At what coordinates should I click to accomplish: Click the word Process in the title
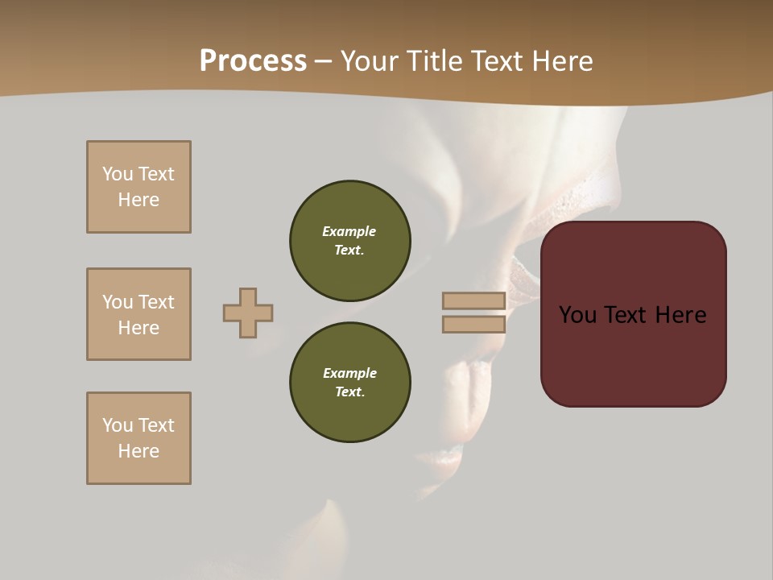point(253,61)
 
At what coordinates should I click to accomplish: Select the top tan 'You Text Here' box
point(138,187)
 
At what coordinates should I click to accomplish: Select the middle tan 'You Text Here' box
point(138,314)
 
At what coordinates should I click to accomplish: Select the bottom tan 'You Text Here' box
point(138,438)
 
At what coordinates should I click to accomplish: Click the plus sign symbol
point(248,313)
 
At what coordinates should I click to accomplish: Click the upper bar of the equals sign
point(474,300)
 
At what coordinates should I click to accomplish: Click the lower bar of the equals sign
point(474,324)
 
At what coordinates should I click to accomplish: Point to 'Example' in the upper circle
point(349,231)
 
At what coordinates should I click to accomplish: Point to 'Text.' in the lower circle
point(349,391)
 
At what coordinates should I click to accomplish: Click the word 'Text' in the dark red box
point(626,315)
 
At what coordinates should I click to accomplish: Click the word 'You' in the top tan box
point(117,174)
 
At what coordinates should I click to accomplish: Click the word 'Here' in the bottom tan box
point(138,451)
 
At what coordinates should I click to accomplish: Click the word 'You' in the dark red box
point(577,315)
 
